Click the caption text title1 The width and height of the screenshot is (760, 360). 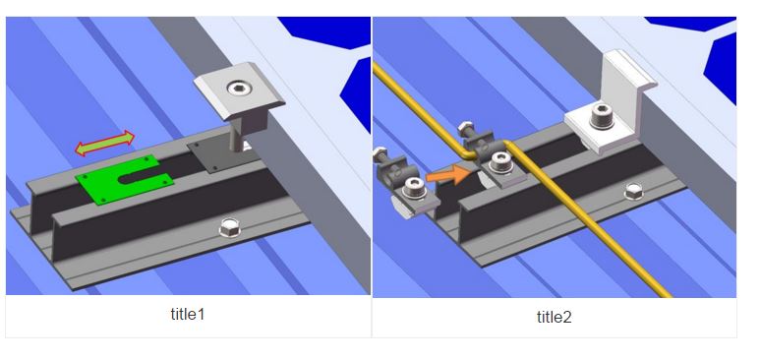pos(188,315)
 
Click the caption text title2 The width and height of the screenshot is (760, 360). pos(554,318)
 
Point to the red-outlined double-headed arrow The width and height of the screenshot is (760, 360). pos(104,143)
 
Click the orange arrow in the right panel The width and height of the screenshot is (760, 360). pos(448,175)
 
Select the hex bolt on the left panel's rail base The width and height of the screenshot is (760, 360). pos(230,227)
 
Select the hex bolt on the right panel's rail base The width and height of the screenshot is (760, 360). pos(634,192)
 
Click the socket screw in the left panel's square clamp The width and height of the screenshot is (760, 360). pos(238,88)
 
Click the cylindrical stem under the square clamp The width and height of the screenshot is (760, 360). pos(237,140)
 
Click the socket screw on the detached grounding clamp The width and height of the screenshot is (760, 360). pos(415,188)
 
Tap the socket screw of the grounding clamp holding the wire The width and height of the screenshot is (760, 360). pos(500,163)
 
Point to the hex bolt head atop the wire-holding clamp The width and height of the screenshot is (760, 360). pos(465,129)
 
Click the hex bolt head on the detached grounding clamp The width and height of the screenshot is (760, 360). pos(379,154)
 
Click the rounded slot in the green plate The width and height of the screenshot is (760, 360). pos(140,177)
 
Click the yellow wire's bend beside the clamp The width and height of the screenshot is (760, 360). pos(466,154)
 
